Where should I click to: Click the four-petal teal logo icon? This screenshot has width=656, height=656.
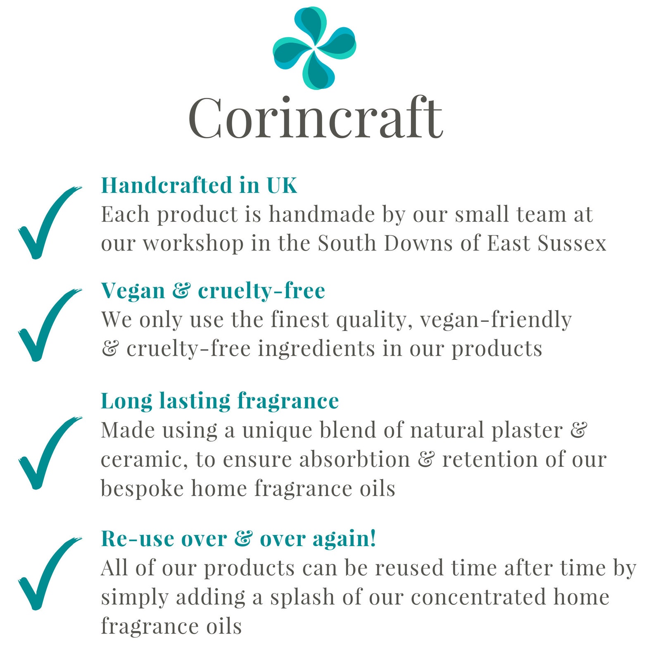point(315,48)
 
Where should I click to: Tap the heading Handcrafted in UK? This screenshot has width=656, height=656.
point(199,185)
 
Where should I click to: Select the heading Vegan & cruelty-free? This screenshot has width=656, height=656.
point(213,290)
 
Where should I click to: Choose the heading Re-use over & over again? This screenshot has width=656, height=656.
point(239,539)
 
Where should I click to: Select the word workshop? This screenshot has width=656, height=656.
point(193,243)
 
